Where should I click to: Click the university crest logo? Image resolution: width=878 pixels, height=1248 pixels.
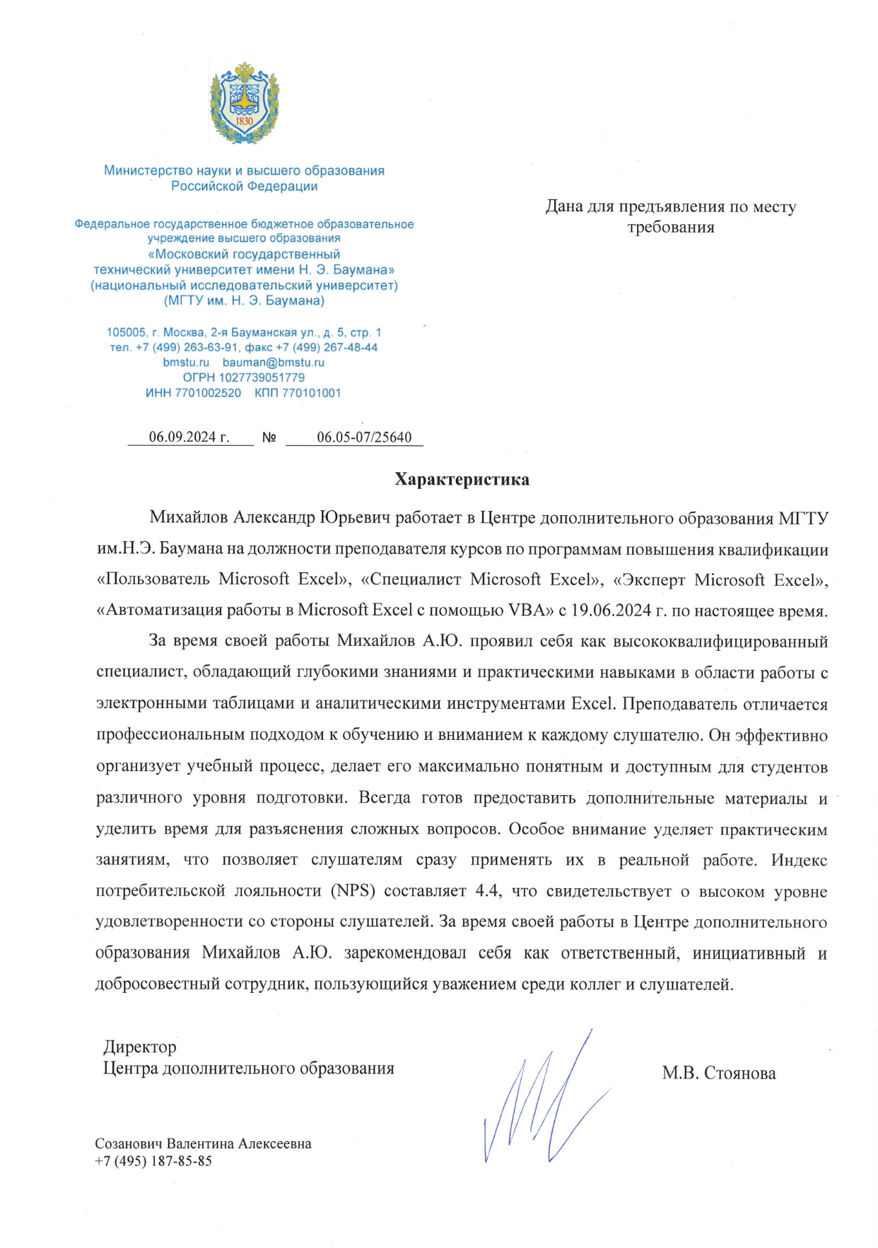244,103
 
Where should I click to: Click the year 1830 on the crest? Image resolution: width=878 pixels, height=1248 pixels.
244,120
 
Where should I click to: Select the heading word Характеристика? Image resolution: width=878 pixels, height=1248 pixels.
462,480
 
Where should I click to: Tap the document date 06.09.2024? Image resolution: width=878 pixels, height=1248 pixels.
182,437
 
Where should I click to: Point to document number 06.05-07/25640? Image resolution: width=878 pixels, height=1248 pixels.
364,437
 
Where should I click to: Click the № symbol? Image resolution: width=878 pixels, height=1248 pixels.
269,437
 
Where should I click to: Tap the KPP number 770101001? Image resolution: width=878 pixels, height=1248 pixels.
311,393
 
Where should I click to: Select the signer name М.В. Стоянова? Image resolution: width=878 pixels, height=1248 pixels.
718,1073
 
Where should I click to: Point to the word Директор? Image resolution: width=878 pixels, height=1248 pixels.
140,1047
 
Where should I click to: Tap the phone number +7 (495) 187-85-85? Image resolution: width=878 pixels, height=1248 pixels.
153,1161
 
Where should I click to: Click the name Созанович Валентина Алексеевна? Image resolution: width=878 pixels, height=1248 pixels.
203,1144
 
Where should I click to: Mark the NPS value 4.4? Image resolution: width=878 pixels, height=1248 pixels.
488,891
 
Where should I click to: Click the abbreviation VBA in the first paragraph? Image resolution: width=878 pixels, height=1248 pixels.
527,610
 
